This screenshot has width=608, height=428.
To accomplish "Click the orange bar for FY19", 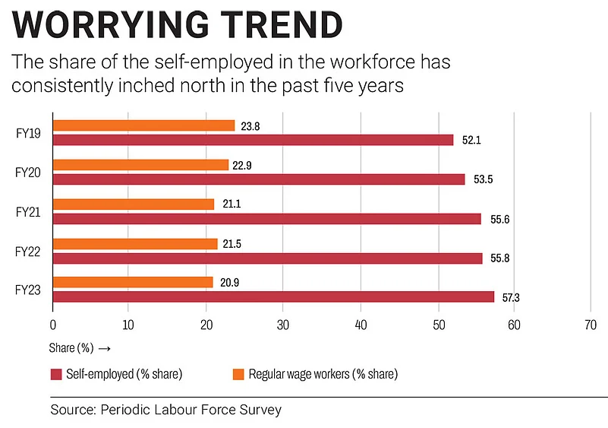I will pos(144,125).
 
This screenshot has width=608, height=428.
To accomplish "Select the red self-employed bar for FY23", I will pos(273,296).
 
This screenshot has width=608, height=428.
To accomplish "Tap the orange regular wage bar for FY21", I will pos(134,204).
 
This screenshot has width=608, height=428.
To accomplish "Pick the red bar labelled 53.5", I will pos(259,179).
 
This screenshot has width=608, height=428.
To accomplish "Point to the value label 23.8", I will pos(250,125).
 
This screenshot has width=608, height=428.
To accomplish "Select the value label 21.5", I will pos(233,243).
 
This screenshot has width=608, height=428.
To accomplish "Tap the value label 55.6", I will pos(500,219).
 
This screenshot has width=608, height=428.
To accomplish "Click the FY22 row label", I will pos(28,251).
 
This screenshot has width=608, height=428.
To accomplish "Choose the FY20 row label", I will pos(28,172).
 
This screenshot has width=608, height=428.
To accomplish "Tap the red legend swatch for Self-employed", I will pos(55,374).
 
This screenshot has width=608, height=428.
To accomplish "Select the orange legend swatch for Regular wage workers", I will pos(238,374).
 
